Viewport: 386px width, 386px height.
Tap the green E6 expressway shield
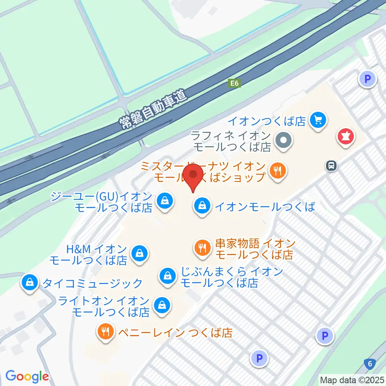click(234, 83)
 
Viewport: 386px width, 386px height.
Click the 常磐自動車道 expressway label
click(154, 109)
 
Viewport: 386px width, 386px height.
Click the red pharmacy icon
click(345, 136)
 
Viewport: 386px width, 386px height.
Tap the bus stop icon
click(331, 165)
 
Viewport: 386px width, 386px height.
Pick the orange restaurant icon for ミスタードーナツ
click(278, 170)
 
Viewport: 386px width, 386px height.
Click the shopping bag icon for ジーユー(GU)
click(164, 199)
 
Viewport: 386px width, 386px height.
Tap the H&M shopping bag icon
click(139, 253)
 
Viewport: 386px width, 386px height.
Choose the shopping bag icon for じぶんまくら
click(166, 276)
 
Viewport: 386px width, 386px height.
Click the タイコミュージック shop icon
click(30, 282)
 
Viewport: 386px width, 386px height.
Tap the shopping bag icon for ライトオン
click(162, 305)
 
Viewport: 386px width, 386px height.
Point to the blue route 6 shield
click(370, 364)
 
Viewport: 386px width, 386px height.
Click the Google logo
click(27, 376)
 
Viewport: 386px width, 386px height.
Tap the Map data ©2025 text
click(352, 380)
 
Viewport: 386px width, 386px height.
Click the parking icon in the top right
click(367, 79)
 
